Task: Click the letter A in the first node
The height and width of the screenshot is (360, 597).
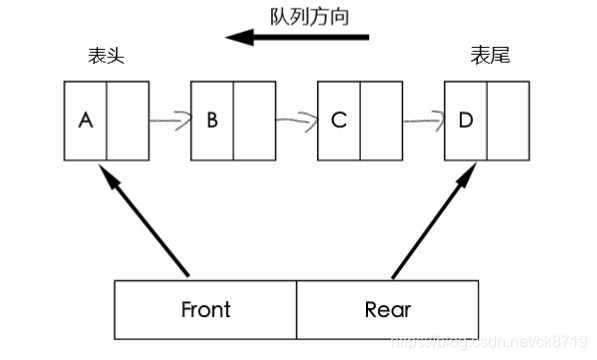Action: point(85,121)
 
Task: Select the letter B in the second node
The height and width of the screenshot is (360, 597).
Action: point(211,121)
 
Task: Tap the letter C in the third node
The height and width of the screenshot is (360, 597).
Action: point(339,121)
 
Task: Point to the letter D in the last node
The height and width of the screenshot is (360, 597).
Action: point(465,121)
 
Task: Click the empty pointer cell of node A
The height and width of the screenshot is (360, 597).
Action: point(127,121)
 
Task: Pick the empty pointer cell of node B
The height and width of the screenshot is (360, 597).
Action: point(254,121)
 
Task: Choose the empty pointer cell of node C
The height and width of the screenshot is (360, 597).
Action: point(382,121)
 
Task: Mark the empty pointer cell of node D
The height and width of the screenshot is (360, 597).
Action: point(509,121)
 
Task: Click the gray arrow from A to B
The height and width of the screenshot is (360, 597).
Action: point(170,122)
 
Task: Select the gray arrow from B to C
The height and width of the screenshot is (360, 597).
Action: point(296,122)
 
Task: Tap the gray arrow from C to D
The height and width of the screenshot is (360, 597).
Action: point(424,122)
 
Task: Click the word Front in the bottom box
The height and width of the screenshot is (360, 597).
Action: point(206,309)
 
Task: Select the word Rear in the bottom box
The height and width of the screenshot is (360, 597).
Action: point(388,309)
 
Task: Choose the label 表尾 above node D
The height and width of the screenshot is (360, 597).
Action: point(490,57)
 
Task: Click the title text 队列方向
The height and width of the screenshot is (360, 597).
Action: point(310,17)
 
